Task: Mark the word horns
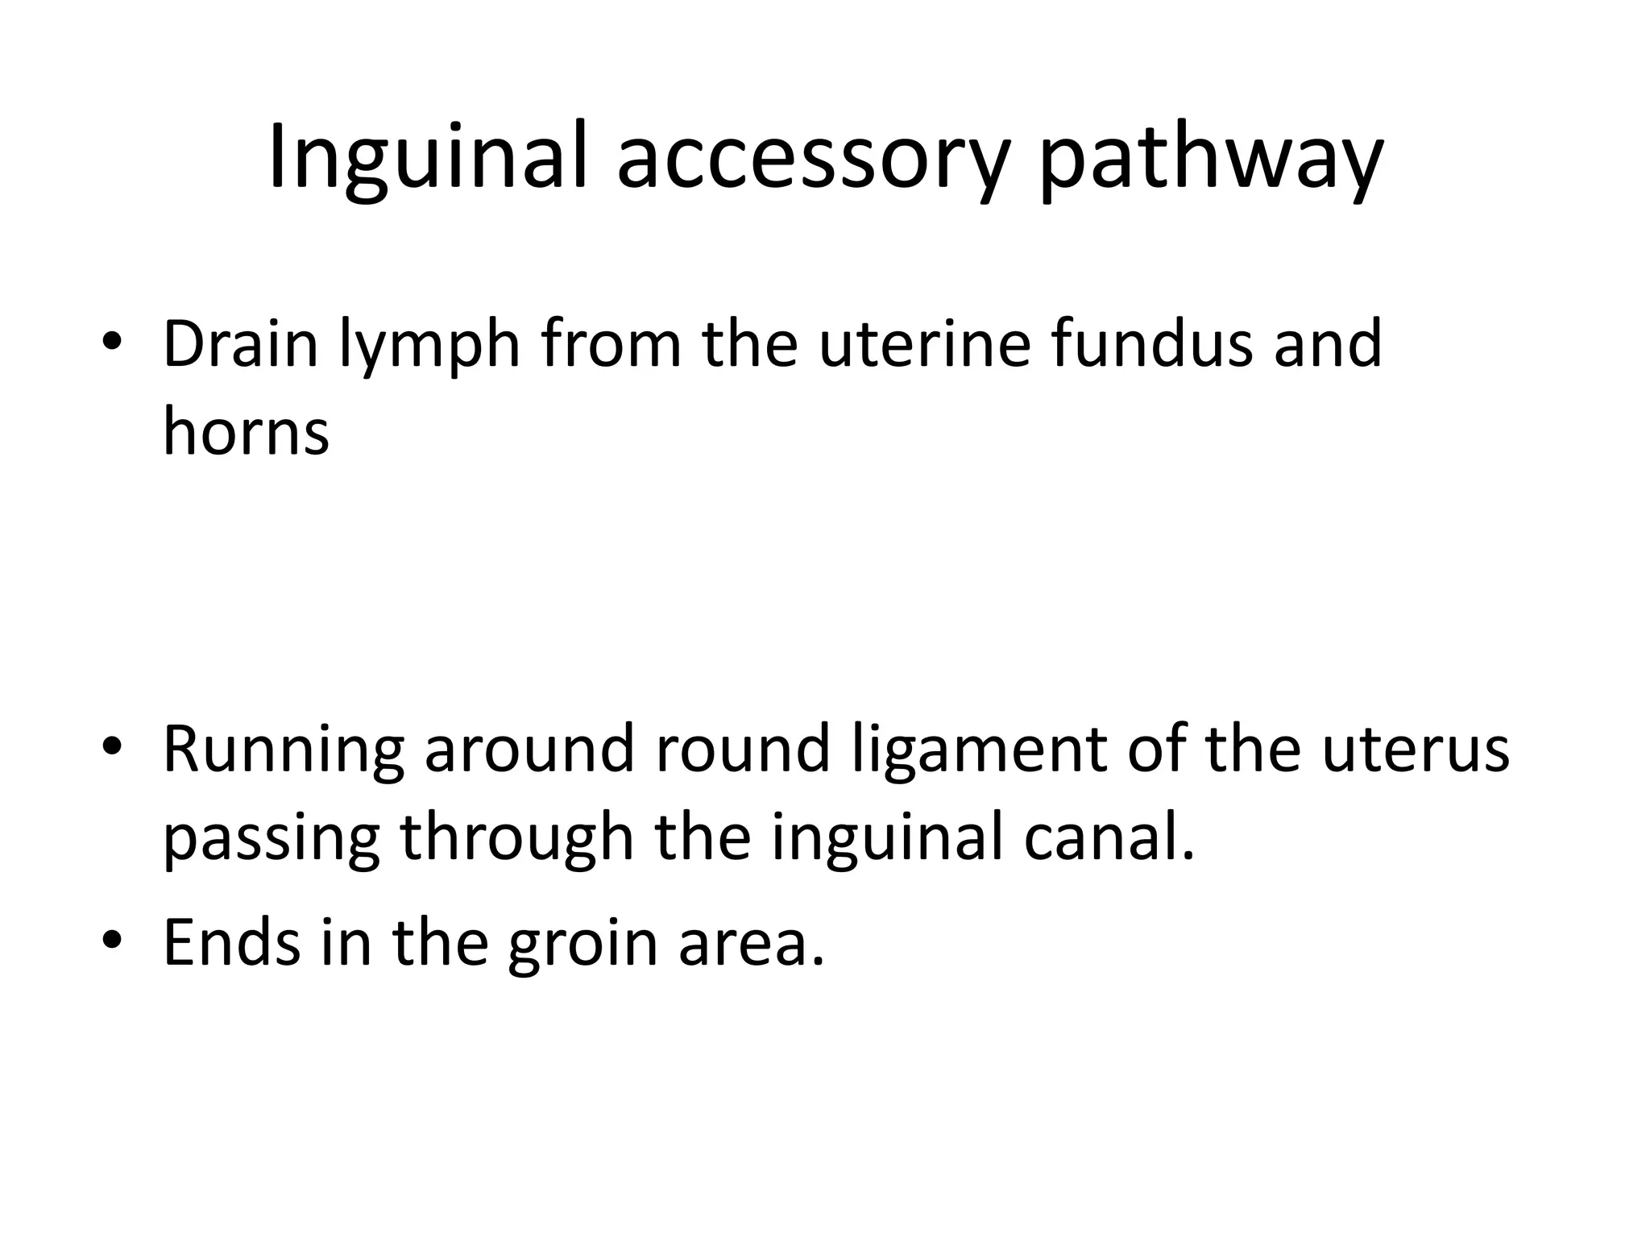click(x=246, y=430)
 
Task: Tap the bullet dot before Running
click(x=113, y=748)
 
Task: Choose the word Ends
click(x=232, y=941)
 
